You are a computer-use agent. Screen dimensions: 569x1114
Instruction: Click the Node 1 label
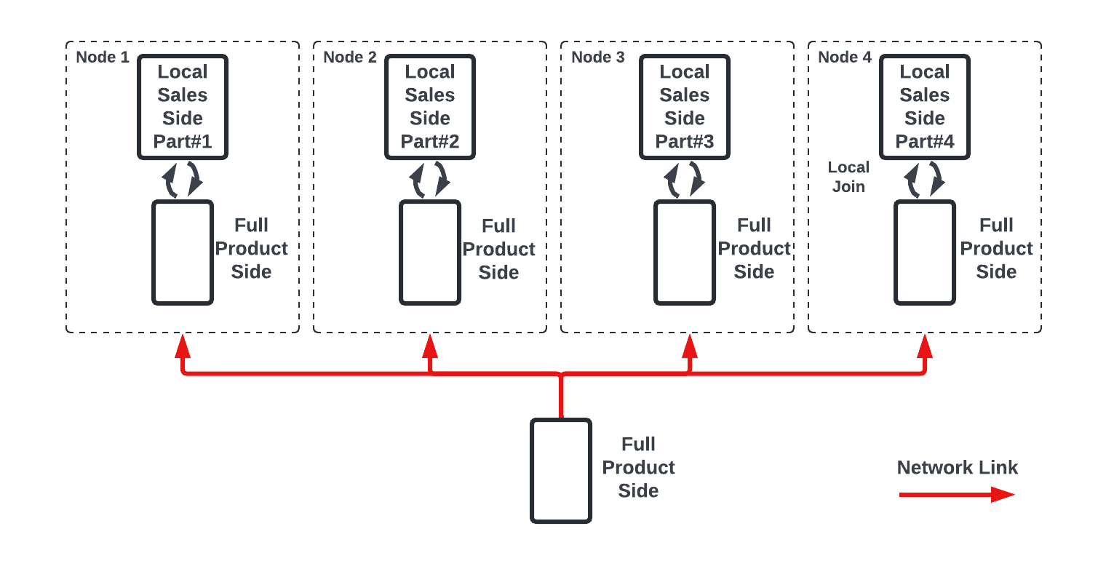(103, 57)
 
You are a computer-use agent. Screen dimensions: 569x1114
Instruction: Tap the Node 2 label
(350, 57)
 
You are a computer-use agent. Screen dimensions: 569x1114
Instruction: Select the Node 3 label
(597, 57)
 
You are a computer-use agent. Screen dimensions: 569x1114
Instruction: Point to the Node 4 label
(845, 57)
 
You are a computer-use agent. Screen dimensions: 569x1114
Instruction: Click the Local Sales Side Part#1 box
(183, 107)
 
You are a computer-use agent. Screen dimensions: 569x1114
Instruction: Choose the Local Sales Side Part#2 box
(430, 107)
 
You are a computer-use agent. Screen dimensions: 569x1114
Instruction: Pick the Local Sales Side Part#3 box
(685, 107)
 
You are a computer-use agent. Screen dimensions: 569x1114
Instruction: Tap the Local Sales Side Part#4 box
(925, 107)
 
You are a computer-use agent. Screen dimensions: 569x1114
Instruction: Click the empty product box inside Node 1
(183, 252)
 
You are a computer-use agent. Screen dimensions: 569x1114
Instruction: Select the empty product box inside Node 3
(685, 252)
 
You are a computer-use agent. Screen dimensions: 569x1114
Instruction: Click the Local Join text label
(848, 177)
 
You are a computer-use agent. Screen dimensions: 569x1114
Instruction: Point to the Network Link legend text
(957, 468)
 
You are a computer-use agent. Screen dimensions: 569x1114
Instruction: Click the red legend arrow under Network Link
(957, 495)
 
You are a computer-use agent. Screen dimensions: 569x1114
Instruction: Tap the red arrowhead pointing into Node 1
(183, 345)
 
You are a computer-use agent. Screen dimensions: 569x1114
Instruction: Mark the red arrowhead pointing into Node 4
(925, 345)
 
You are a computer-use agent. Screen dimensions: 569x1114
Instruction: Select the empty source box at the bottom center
(561, 471)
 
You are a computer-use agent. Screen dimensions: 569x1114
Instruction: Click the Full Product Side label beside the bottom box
(638, 468)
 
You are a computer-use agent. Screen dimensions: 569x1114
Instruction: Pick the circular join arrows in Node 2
(430, 180)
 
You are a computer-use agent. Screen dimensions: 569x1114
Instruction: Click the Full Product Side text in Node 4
(996, 249)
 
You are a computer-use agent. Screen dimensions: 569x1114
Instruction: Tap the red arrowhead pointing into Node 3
(690, 345)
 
